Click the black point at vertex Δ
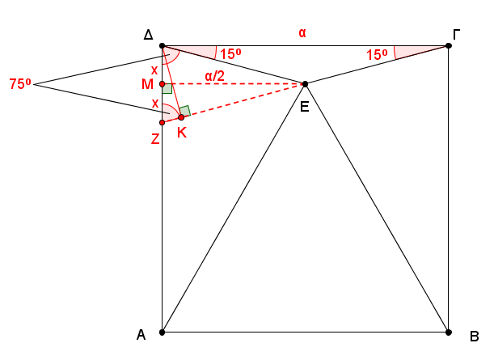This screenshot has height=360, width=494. [x=163, y=46]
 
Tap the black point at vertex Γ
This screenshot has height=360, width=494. [x=449, y=46]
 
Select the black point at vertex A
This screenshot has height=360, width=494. [x=163, y=332]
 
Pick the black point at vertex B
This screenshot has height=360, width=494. [x=449, y=332]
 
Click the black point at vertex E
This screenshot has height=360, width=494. [x=305, y=84]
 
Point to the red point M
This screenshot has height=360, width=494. [x=163, y=84]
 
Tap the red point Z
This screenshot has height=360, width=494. [x=163, y=122]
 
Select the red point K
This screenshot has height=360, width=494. [x=181, y=117]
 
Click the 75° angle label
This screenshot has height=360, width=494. [x=20, y=84]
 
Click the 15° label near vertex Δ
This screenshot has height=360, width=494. [x=230, y=54]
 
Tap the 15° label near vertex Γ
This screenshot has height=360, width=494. [x=377, y=55]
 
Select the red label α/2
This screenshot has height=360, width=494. [x=215, y=76]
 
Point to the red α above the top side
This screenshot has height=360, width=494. [x=302, y=33]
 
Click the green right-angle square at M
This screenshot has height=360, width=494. [x=167, y=88]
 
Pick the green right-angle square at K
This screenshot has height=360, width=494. [x=184, y=111]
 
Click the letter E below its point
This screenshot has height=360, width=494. [x=305, y=107]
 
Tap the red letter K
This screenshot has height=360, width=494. [x=182, y=133]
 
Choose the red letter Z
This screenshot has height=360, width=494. [x=155, y=139]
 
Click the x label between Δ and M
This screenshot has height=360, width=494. [x=154, y=70]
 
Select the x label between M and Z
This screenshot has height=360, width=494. [x=155, y=104]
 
